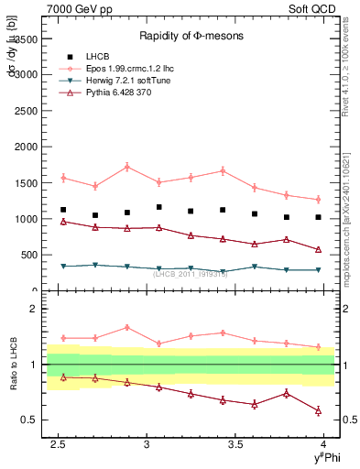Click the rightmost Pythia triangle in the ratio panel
coord(318,411)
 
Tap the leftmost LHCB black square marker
coord(63,210)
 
